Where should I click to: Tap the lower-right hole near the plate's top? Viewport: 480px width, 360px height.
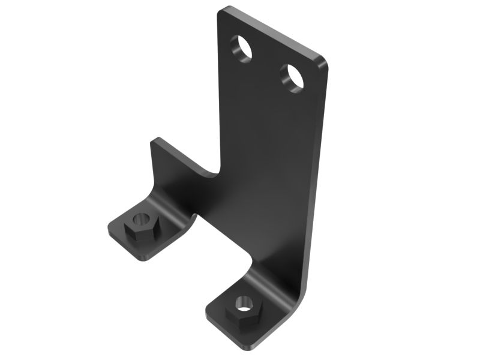coord(292,77)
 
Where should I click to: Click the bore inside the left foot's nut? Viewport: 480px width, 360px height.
coord(142,220)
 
